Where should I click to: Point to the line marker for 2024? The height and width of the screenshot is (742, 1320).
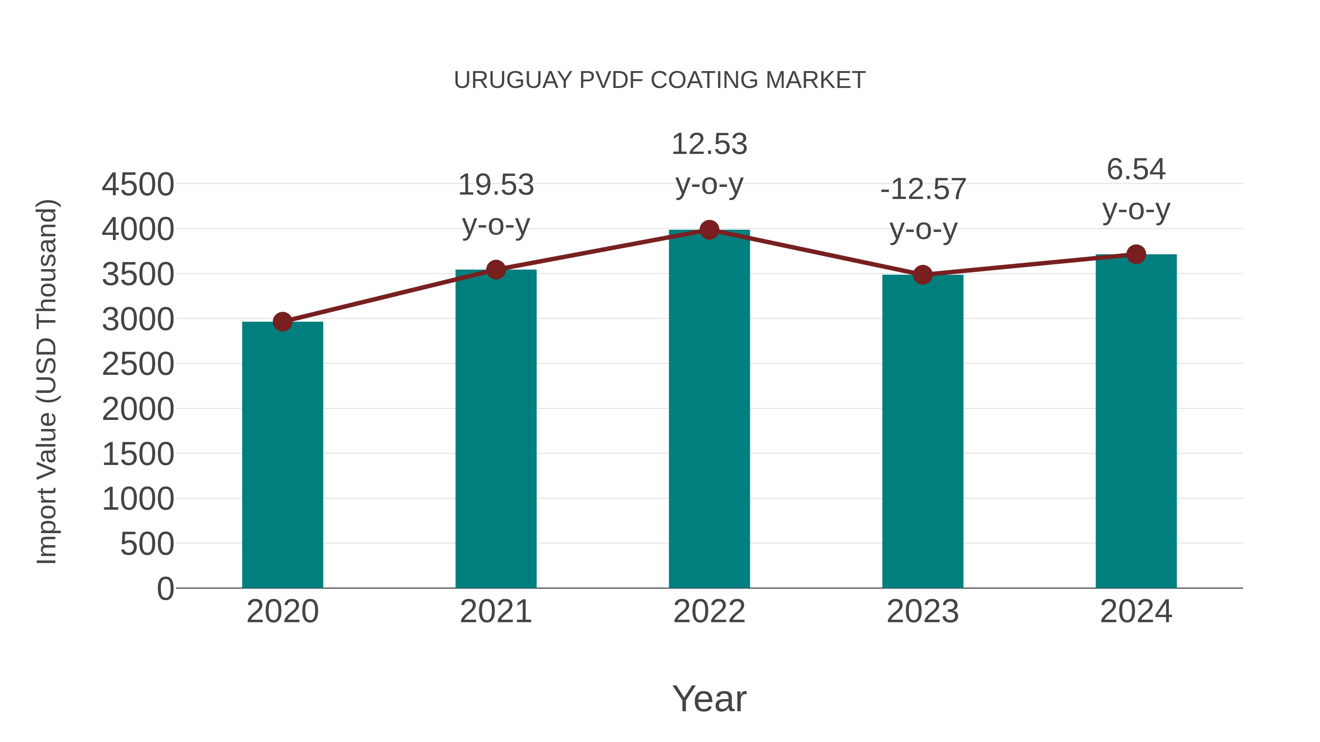pos(1136,254)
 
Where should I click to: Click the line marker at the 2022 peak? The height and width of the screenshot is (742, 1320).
pos(709,230)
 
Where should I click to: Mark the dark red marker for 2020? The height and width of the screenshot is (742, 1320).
pos(282,322)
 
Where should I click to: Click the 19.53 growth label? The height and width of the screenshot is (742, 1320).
pos(495,185)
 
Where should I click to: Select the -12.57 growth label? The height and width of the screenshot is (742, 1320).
pos(923,189)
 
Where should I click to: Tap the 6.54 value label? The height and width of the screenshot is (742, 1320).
pos(1136,170)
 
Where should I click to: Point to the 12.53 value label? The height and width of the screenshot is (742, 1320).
pos(709,144)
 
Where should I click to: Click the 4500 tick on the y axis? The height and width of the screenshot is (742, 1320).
pos(138,184)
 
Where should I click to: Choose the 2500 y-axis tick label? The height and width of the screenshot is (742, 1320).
pos(138,365)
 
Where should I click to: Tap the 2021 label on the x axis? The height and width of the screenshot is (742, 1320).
pos(495,612)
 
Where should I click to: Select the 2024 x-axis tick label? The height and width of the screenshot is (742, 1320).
pos(1136,612)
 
